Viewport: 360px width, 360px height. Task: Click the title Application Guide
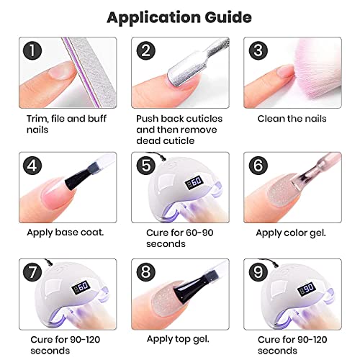[x=179, y=18]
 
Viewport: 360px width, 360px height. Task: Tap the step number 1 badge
[x=32, y=51]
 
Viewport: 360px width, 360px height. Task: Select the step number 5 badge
[x=146, y=166]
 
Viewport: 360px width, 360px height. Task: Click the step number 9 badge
[x=258, y=272]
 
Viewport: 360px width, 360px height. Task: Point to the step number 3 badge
[x=258, y=51]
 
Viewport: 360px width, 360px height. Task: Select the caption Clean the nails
[x=292, y=119]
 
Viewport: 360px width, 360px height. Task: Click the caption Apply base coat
[x=66, y=233]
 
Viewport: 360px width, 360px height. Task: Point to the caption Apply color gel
[x=291, y=233]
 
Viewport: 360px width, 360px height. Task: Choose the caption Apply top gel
[x=178, y=340]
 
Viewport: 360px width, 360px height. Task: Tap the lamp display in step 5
[x=194, y=183]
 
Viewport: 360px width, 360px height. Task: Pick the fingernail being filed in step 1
[x=60, y=71]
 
